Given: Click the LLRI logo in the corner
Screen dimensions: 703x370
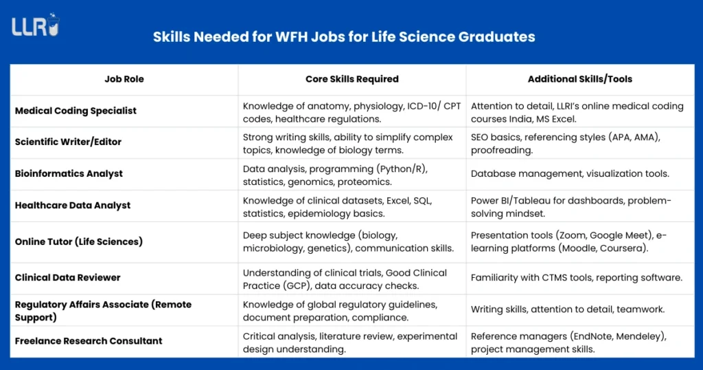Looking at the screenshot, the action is point(36,25).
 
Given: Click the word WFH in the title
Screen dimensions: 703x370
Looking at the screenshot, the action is point(291,37).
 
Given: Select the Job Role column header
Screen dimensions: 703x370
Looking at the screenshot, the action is point(124,79).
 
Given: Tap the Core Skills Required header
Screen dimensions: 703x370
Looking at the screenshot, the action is point(352,79).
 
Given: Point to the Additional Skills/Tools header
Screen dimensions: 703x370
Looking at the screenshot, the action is point(579,79).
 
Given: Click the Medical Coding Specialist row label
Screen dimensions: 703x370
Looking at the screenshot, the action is point(76,111).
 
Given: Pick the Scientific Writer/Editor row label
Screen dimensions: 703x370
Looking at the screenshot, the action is point(68,142).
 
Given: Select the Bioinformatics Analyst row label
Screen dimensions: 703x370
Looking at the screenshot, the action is point(69,174).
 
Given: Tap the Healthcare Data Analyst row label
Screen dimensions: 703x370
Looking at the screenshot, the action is point(73,205).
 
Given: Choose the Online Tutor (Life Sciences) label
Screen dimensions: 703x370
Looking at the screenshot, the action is point(79,241).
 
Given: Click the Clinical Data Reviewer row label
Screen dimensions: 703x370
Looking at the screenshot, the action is point(68,278).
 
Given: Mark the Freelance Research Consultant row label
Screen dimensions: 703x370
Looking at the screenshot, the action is point(89,341).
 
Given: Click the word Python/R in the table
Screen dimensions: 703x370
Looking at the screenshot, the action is point(401,168).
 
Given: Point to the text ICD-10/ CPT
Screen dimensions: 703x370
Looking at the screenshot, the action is point(434,106).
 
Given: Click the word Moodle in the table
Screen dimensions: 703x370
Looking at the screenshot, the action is point(579,248).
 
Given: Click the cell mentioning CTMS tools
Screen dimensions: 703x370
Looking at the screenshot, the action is point(577,278).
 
